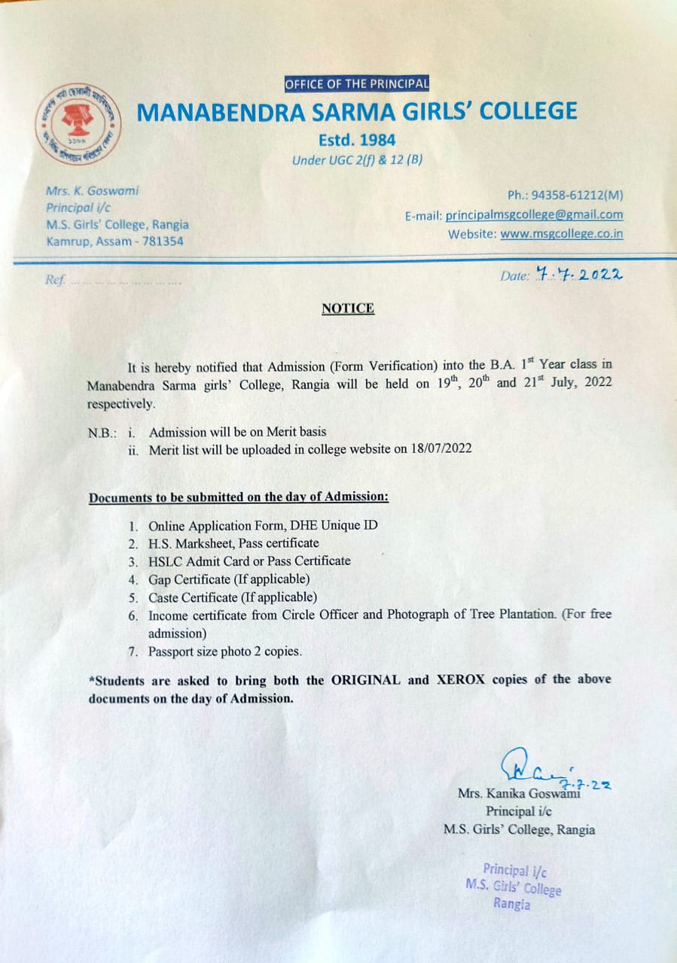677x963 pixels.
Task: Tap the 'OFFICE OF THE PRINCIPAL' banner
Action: pos(357,84)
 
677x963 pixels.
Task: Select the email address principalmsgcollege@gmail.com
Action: pos(534,215)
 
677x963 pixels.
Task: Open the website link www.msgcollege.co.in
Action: pos(562,234)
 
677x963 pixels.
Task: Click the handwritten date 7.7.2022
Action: pos(580,275)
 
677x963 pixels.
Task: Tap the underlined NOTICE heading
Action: pos(348,308)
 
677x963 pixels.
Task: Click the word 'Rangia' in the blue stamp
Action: pos(511,904)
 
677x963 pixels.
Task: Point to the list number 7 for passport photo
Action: pos(133,652)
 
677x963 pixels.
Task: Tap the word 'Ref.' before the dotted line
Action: pos(54,281)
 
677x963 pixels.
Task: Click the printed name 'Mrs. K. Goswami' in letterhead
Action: pos(92,191)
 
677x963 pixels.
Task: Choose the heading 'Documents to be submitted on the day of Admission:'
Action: pos(239,497)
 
